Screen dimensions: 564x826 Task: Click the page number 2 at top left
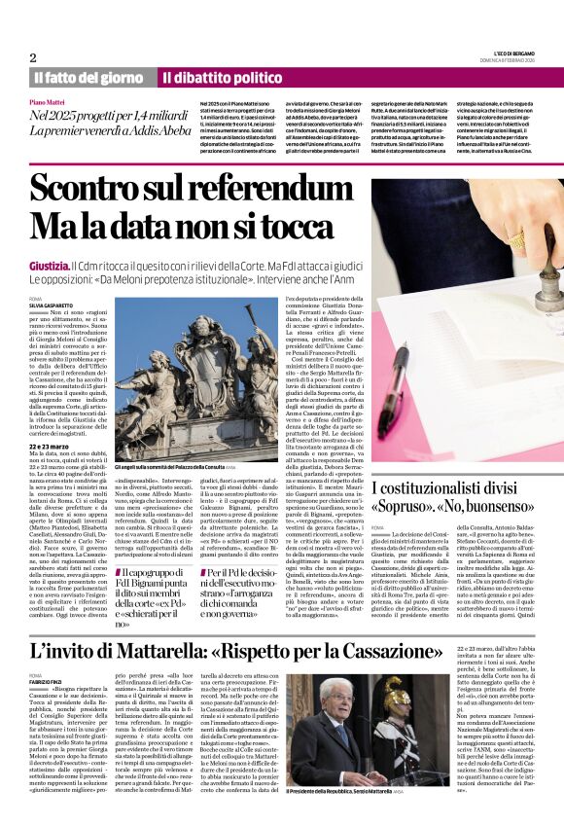[33, 57]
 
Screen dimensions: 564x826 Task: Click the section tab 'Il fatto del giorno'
[88, 78]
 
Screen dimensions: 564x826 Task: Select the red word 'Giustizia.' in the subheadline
[49, 265]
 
